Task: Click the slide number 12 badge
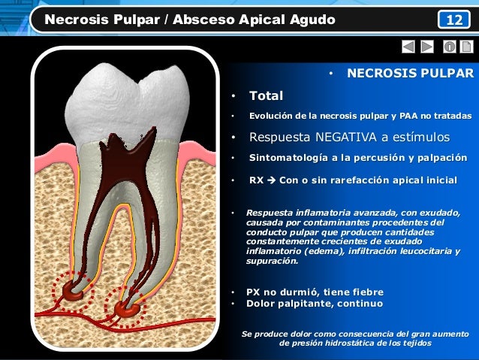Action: tap(454, 19)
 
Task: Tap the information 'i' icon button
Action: tap(448, 47)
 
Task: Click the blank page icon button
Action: tap(465, 47)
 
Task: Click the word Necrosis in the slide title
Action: tap(76, 19)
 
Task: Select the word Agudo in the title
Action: tap(310, 19)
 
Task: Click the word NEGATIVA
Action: tap(348, 138)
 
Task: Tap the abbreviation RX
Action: tap(256, 180)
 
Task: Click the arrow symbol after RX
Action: tap(271, 180)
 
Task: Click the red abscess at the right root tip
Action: tap(125, 306)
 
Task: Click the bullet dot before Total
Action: tap(233, 97)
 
